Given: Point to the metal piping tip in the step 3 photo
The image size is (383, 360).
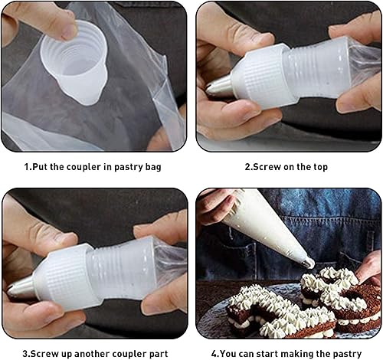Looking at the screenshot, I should pos(21,286).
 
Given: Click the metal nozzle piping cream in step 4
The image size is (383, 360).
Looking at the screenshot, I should pos(307,263).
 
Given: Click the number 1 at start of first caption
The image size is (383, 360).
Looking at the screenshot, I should pos(25,165).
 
